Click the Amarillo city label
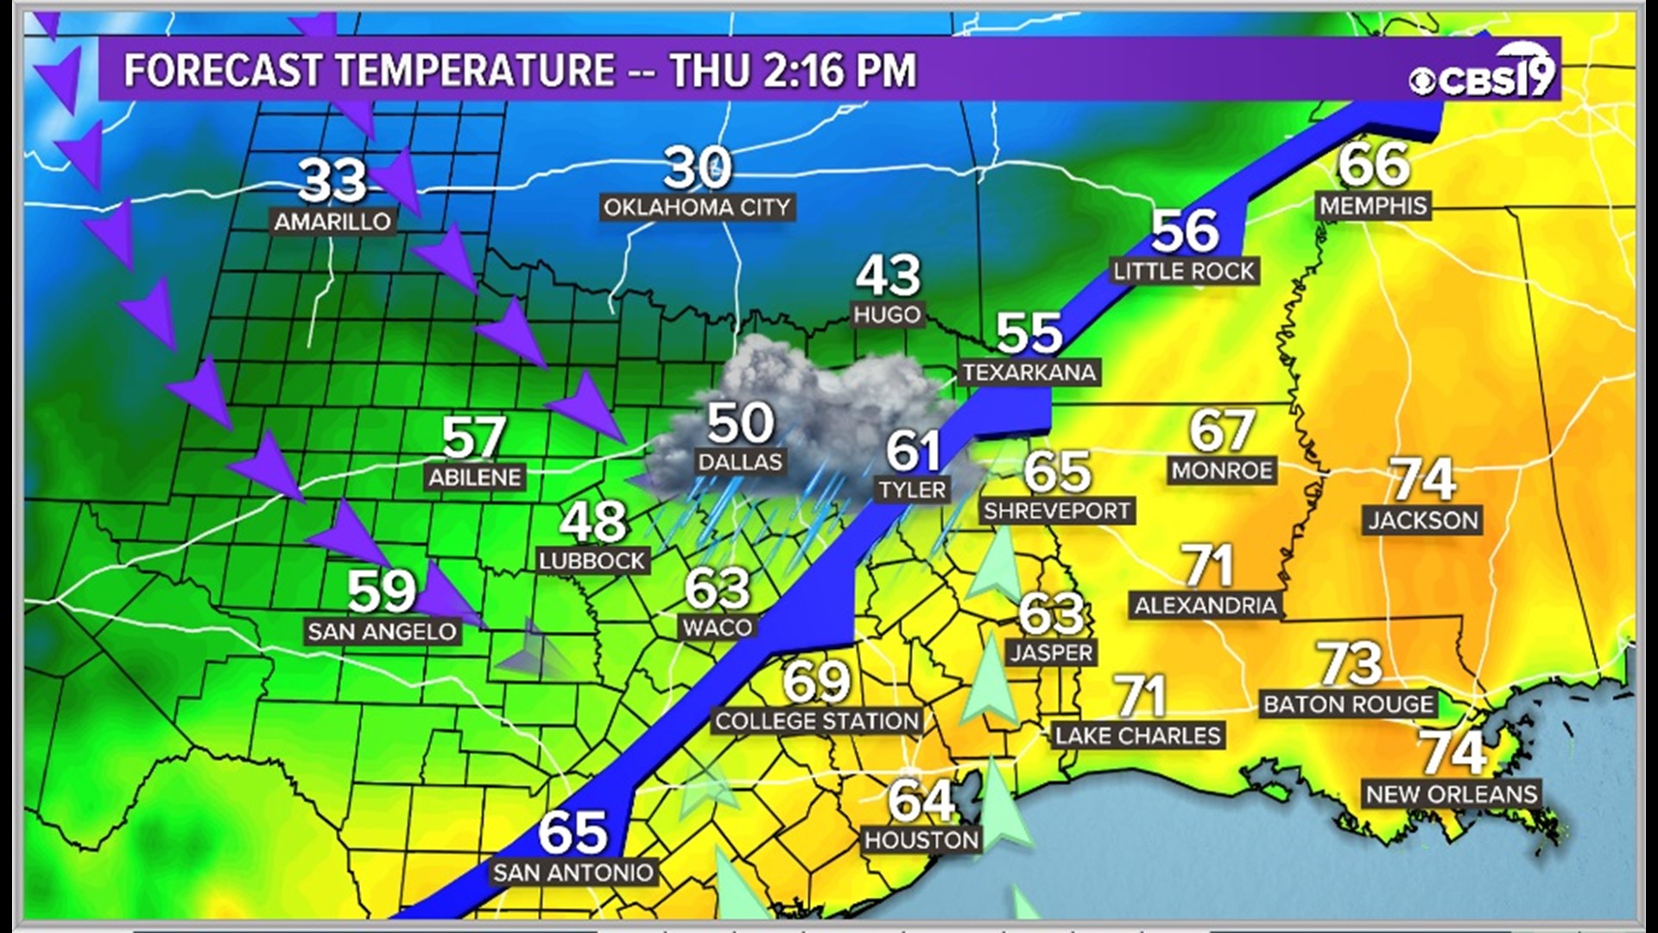(332, 222)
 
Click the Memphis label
(1373, 206)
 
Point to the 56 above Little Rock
(1185, 231)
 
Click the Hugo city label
(887, 315)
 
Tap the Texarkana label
(1029, 373)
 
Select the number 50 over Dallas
(740, 423)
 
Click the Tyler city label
(913, 491)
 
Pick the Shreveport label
(1057, 511)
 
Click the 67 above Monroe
(1221, 430)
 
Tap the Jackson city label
(1423, 520)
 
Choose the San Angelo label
(383, 632)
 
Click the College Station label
(817, 721)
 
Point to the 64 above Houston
(921, 801)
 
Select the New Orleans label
(1452, 795)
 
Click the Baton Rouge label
(1349, 704)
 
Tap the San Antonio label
(573, 873)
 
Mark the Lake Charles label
(1138, 736)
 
